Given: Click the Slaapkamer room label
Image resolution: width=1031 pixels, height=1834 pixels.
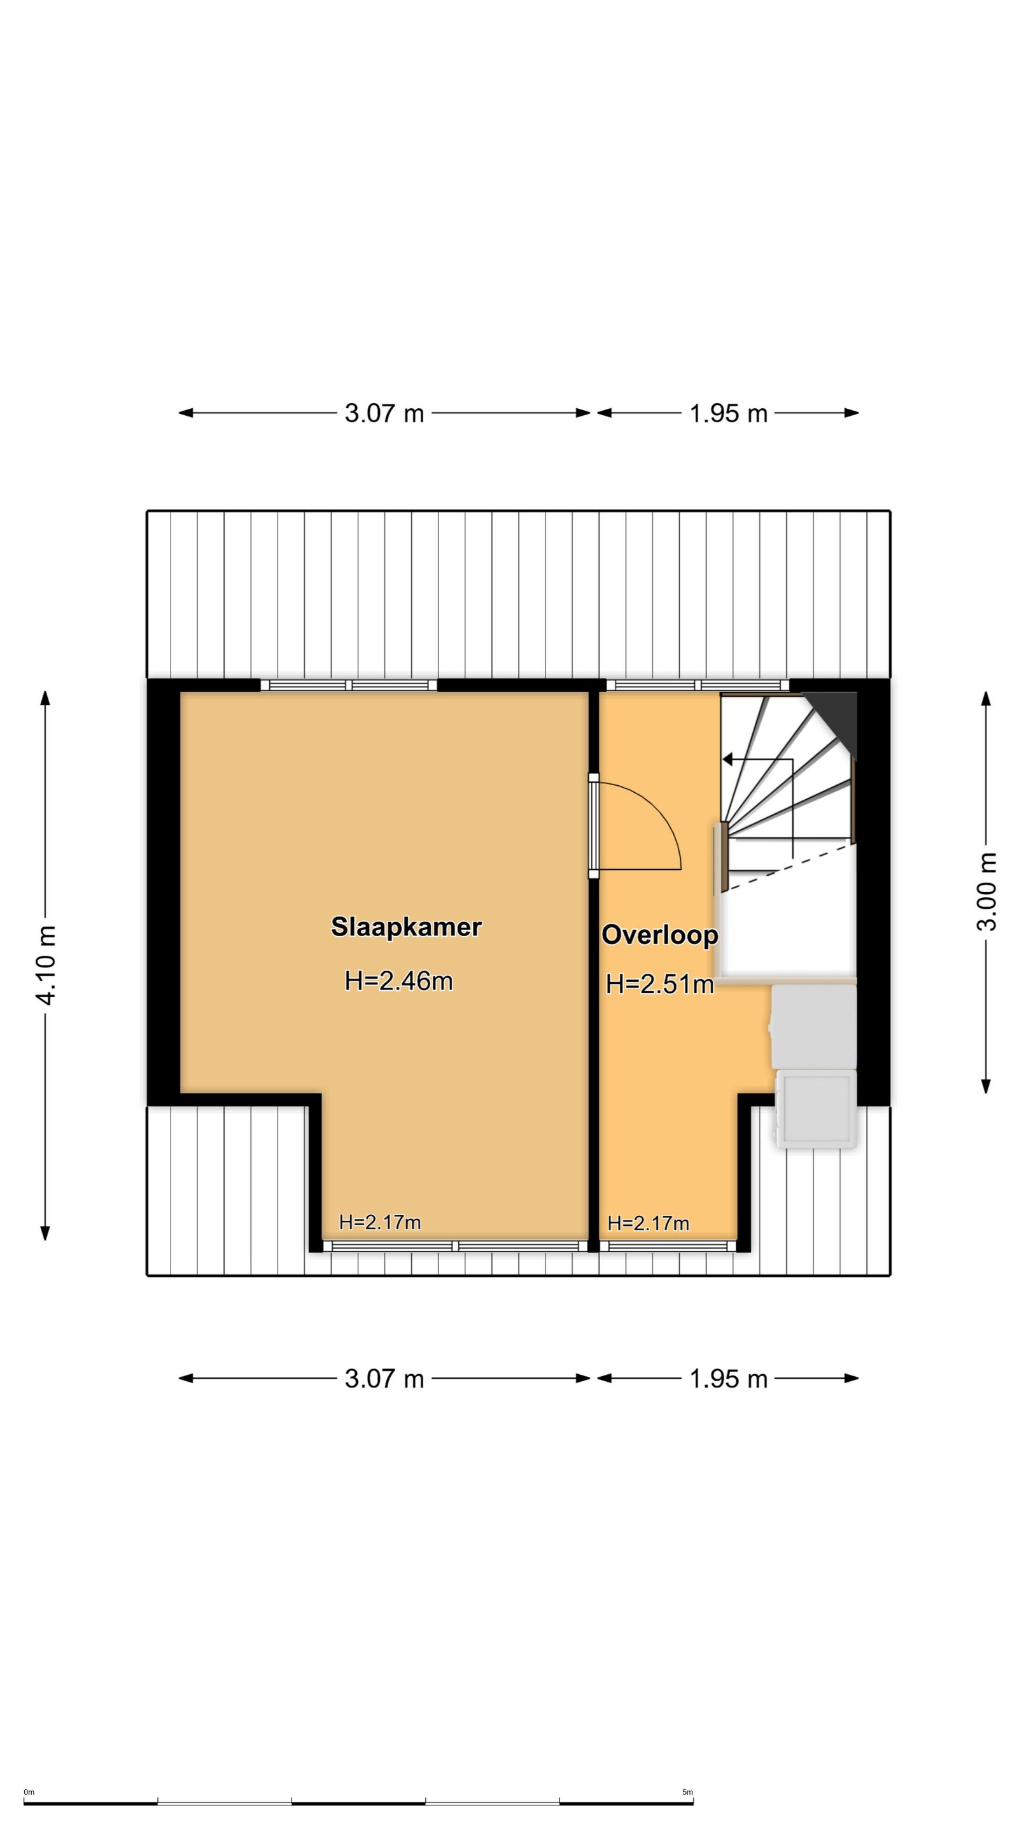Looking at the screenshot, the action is [405, 927].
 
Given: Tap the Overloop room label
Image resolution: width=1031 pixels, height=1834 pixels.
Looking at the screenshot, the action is [659, 935].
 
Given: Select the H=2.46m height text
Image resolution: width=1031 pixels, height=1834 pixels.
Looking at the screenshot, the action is [398, 981].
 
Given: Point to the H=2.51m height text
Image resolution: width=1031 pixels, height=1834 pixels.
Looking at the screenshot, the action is [659, 984].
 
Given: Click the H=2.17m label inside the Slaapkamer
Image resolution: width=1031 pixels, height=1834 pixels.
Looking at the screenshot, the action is [380, 1223].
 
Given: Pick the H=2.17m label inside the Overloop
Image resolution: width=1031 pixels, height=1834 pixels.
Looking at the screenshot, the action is [649, 1223].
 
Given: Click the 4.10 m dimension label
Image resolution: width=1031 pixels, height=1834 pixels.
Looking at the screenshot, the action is [46, 965].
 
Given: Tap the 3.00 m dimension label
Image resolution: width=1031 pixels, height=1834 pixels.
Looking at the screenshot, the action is [987, 892].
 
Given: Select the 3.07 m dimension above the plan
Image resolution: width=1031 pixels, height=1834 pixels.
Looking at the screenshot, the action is [384, 413].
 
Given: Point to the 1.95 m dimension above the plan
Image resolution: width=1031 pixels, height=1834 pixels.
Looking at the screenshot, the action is [729, 413].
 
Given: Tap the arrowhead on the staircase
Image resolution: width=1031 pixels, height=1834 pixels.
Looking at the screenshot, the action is [728, 759].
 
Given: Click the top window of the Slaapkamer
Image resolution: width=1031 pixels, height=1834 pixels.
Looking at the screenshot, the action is [349, 685].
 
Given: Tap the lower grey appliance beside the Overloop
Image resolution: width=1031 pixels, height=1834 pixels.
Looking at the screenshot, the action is [815, 1109].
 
